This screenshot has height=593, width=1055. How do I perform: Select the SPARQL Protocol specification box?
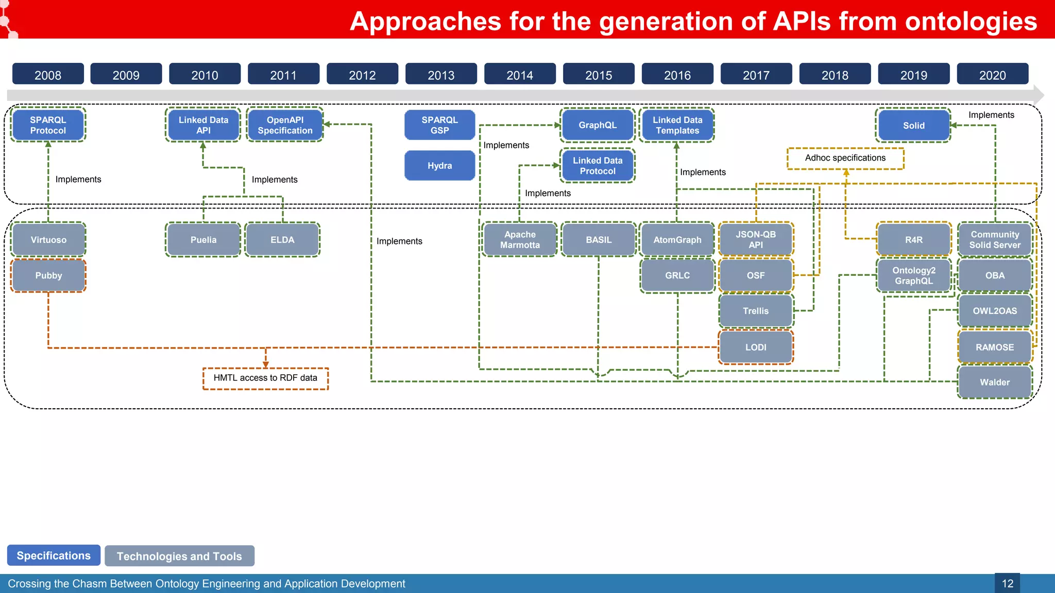pos(48,125)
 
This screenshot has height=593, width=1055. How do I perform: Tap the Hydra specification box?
pos(439,166)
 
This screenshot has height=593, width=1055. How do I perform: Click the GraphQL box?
pos(597,125)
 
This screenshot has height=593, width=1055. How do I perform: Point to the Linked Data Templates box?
pos(677,125)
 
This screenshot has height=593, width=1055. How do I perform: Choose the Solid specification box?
pos(913,126)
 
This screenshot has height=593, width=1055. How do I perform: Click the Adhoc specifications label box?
pos(845,158)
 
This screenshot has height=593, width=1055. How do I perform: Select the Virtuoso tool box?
pos(48,240)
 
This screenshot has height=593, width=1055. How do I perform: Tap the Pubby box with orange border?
pos(48,275)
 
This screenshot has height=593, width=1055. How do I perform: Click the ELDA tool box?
pos(282,240)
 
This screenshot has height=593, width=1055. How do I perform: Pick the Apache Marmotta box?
pos(520,240)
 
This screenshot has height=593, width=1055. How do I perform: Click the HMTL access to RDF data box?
pos(265,378)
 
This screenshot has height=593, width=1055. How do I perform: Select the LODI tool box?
pos(755,347)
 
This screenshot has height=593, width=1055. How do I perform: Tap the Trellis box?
pos(755,311)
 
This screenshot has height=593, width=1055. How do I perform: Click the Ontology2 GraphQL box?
pos(913,275)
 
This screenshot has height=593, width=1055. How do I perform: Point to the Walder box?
pos(994,382)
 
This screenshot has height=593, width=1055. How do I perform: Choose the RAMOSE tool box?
pos(994,347)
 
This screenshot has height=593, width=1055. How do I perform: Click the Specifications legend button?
pos(54,555)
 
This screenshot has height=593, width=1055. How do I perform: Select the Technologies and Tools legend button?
pos(179,556)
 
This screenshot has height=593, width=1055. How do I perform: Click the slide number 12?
pos(1007,584)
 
